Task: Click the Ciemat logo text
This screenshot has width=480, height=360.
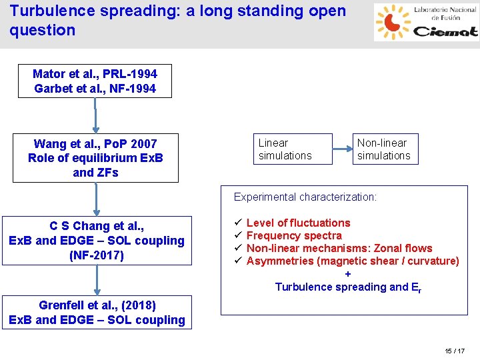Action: point(445,31)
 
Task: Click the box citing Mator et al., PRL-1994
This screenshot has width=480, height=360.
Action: point(95,81)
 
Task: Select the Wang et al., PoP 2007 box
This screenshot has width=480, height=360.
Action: point(95,158)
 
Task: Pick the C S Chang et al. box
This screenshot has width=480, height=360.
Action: point(97,241)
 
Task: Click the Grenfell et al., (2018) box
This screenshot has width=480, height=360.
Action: point(97,313)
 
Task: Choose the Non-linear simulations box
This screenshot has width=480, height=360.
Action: point(385,149)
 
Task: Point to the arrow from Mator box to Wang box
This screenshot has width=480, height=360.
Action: point(95,116)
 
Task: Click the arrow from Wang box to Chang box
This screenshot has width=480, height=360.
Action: point(97,199)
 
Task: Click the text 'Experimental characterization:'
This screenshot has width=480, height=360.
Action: point(305,197)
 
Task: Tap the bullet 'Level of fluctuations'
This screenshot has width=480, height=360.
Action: point(298,223)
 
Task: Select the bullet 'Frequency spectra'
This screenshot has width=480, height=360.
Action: point(294,235)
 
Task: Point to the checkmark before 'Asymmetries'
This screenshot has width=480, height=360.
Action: point(237,261)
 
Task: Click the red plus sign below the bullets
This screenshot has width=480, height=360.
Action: point(347,274)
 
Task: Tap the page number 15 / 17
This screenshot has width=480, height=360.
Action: point(455,351)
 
